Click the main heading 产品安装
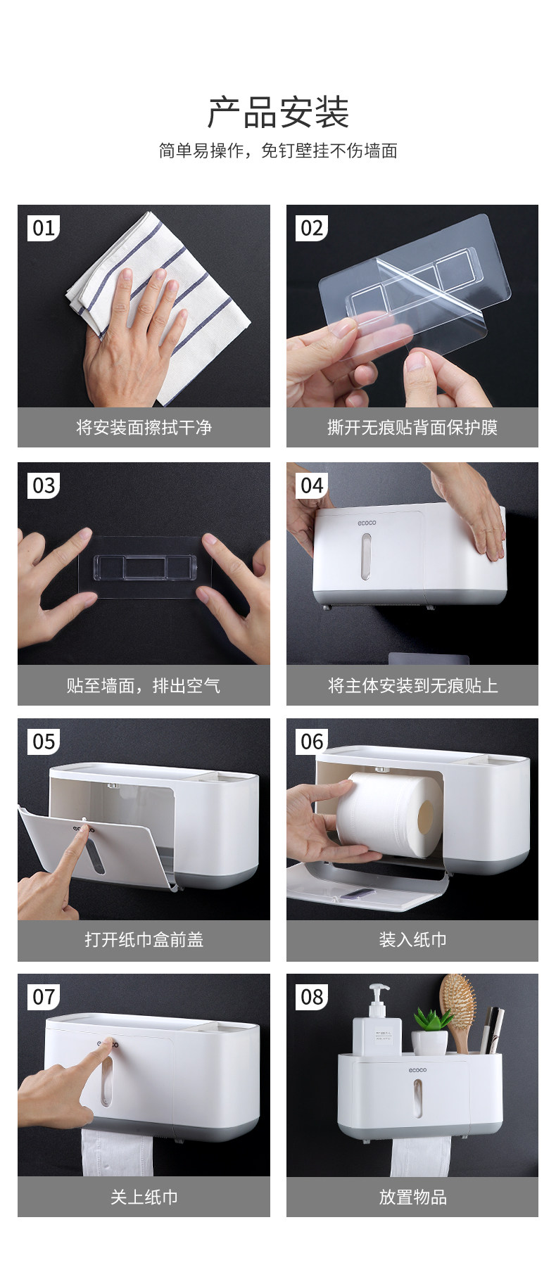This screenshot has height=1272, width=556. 279,113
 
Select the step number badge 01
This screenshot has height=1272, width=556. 44,228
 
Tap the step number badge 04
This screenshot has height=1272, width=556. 312,485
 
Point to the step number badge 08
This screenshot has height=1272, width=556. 312,997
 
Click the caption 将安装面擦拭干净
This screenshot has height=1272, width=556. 144,428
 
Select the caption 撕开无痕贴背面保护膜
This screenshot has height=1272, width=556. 412,428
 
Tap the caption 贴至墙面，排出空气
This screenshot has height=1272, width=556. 144,685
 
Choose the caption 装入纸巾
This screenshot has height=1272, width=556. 412,940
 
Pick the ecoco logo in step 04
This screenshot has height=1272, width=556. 366,523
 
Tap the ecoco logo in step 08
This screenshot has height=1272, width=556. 417,1070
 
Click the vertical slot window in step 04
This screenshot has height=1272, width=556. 365,556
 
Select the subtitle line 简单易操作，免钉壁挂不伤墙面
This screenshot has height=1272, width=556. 278,151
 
